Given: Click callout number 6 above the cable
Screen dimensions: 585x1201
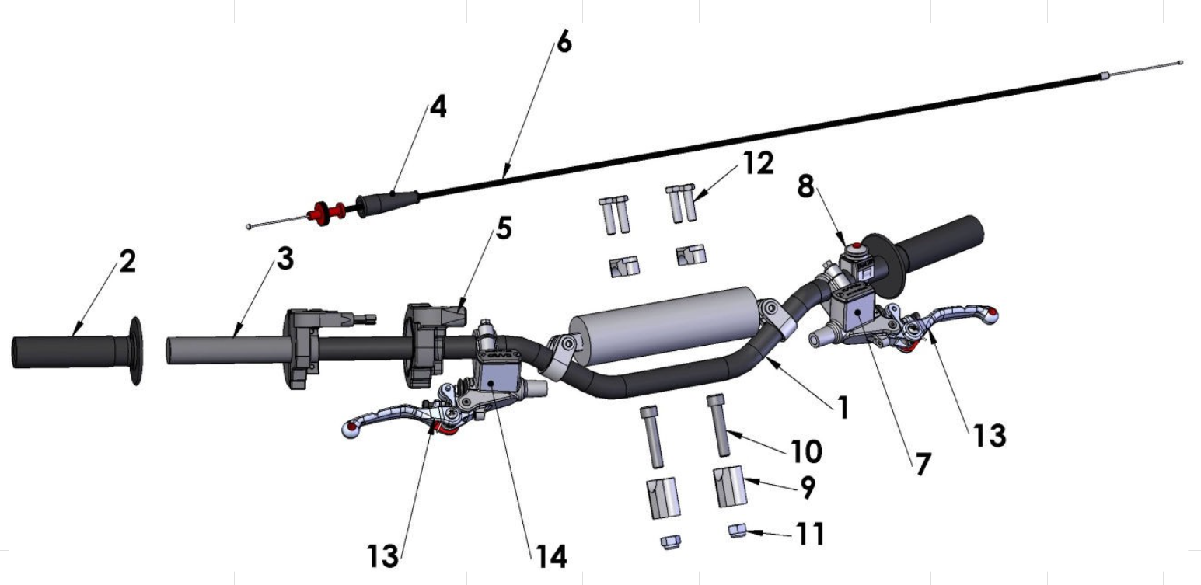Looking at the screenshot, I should point(564,43).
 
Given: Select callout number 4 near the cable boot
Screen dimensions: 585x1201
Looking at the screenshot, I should point(438,107).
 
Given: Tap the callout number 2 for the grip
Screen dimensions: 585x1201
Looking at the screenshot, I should point(127,262).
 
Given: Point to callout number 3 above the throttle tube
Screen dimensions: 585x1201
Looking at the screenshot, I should point(285,259).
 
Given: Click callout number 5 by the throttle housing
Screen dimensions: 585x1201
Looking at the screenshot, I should point(504,231).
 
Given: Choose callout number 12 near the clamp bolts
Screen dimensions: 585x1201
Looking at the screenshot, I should point(757,164).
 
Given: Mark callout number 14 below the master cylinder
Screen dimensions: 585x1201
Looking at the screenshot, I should point(550,556).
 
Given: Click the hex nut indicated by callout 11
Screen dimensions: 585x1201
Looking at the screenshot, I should point(738,531).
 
